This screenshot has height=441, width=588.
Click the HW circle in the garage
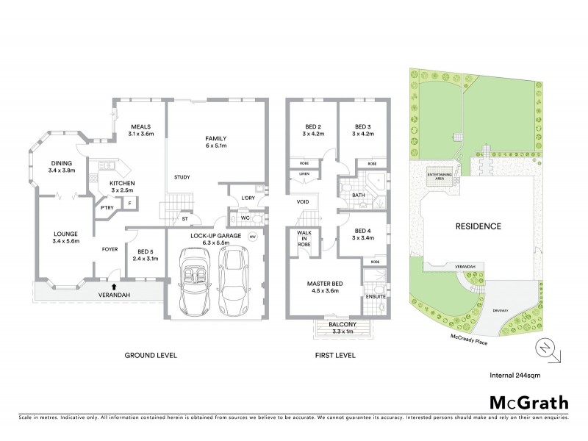coord(252,237)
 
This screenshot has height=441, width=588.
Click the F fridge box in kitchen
coord(130,202)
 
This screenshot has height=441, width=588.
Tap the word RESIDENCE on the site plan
coord(477,226)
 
